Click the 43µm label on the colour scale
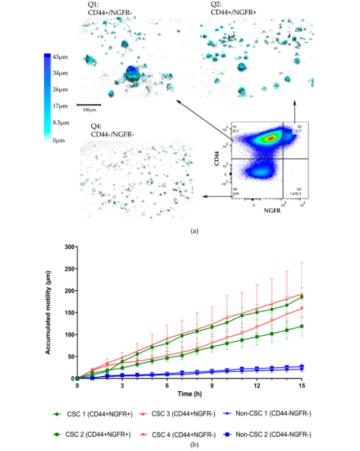click(x=60, y=57)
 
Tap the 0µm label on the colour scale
click(x=58, y=140)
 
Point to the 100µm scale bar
click(x=88, y=104)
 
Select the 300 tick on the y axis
click(x=70, y=247)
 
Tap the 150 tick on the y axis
click(x=70, y=312)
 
